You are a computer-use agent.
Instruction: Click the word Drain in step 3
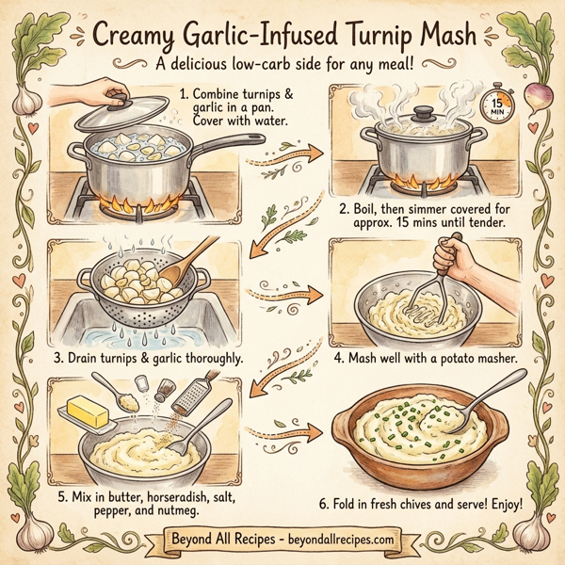tap(94, 359)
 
